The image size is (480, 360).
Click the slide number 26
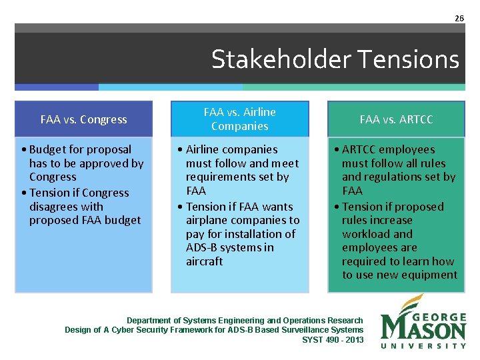pos(459,19)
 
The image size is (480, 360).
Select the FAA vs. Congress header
pos(83,119)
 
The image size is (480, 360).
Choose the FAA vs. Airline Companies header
pos(239,119)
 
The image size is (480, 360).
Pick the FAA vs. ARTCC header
pos(396,119)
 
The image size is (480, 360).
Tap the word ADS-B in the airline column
pos(204,247)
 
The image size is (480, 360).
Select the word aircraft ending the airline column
pos(205,261)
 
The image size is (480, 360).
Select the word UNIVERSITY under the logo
pos(423,345)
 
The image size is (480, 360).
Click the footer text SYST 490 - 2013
pos(333,339)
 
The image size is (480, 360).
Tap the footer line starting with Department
pos(245,321)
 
